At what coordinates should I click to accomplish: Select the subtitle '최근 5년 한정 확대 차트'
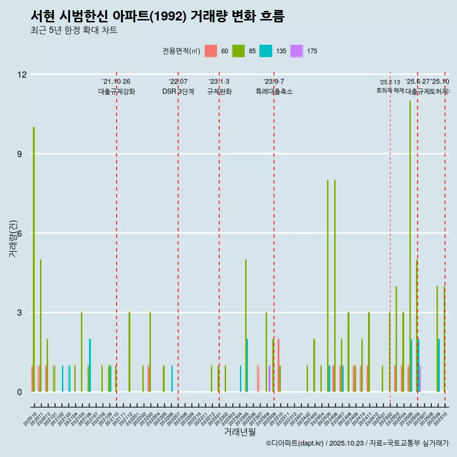click(73, 30)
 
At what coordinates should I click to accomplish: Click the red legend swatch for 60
click(211, 51)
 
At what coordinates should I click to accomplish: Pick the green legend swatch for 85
click(238, 51)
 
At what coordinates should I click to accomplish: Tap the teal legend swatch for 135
click(266, 51)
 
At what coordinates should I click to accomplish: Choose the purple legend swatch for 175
click(297, 51)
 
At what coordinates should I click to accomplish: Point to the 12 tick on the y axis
click(22, 74)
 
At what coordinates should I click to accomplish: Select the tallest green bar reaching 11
click(410, 238)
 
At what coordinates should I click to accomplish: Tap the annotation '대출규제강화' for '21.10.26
click(117, 91)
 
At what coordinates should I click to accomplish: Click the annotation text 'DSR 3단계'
click(178, 91)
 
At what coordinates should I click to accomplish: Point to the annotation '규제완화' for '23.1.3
click(219, 91)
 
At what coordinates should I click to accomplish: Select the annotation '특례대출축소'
click(274, 91)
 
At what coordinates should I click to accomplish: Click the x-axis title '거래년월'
click(239, 432)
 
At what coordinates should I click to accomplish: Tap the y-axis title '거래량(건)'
click(13, 238)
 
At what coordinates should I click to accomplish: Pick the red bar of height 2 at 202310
click(278, 366)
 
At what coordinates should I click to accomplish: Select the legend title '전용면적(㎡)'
click(181, 51)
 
